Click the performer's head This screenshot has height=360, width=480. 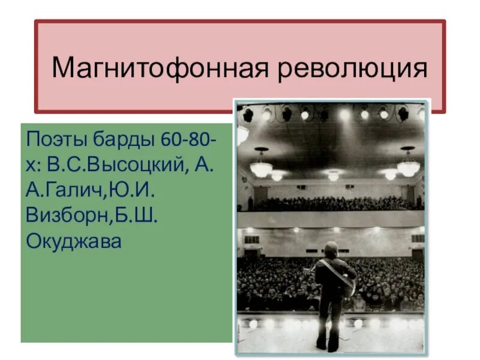[331, 249]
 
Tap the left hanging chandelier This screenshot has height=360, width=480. [261, 166]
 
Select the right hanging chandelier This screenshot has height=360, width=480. [409, 165]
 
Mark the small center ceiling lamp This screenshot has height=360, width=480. [334, 176]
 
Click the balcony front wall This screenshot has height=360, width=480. [330, 219]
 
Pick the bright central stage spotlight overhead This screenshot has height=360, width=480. [344, 113]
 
